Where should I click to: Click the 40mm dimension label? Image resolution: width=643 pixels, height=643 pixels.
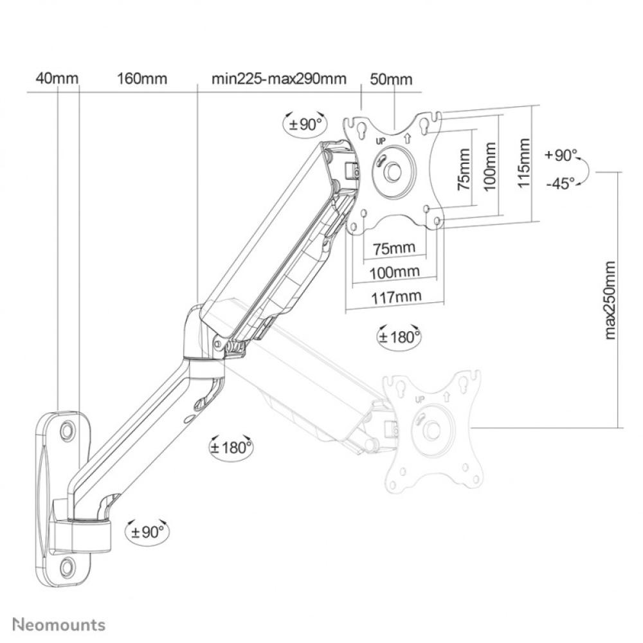coord(57,78)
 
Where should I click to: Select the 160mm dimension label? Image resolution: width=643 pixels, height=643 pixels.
coord(141,78)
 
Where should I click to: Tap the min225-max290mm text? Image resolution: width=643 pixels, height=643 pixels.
coord(278,78)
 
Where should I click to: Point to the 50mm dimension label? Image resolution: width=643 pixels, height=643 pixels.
coord(391,78)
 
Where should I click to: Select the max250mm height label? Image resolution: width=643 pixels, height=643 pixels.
coord(610,299)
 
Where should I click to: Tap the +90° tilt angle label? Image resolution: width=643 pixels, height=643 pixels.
coord(561,155)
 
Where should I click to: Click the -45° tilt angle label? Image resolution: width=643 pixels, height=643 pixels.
coord(560,183)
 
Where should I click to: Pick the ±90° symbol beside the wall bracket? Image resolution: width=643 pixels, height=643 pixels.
coord(147,532)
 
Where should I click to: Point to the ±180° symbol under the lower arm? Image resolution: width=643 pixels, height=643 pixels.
coord(231,447)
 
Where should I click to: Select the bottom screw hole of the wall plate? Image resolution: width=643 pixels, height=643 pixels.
coord(67,566)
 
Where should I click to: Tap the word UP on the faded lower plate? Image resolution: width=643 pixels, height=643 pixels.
coord(421,399)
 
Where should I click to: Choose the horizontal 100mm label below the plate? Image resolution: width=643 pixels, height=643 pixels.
coord(395,271)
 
